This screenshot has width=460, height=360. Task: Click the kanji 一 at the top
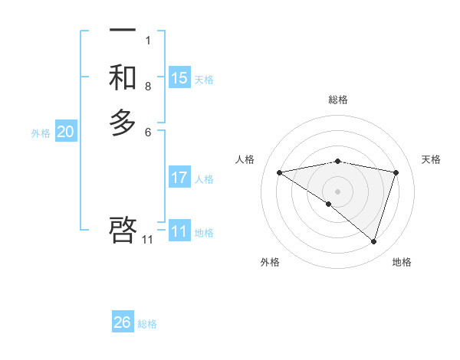(123, 30)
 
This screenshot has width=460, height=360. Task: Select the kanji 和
(123, 78)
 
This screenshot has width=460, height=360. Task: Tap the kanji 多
(123, 123)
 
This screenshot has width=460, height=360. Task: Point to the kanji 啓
(123, 230)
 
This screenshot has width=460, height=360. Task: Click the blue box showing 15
(179, 78)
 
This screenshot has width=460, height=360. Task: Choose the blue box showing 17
(179, 178)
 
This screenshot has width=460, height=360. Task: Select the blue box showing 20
(66, 132)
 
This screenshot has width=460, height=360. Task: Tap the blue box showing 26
(123, 322)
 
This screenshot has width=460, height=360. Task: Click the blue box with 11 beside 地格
(179, 231)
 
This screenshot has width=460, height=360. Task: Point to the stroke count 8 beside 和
(147, 87)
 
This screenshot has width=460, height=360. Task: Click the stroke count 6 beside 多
(147, 132)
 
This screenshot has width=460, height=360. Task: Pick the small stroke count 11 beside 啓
(147, 240)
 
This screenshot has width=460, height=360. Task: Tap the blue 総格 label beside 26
(147, 324)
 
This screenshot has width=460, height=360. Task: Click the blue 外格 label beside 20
(41, 133)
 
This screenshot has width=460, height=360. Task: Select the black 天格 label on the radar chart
(432, 159)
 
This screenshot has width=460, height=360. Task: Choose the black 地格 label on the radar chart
(402, 262)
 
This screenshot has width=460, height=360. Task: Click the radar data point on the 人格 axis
(279, 172)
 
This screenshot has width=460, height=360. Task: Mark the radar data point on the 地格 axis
(374, 241)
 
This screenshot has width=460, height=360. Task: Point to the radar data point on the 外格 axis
(329, 204)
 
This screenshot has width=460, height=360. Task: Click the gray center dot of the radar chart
(338, 191)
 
